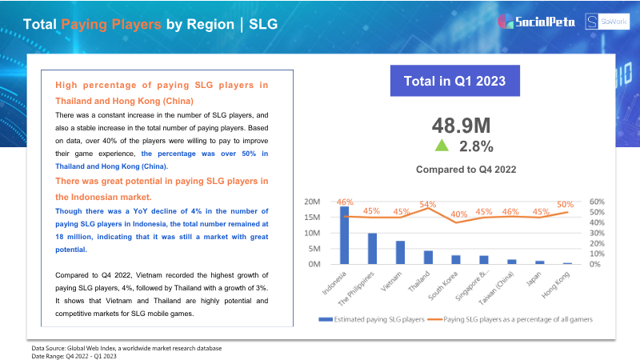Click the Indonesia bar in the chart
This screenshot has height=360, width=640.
(x=345, y=235)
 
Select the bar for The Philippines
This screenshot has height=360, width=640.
(x=372, y=249)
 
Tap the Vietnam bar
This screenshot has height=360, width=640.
(x=401, y=252)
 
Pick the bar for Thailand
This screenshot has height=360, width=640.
(x=428, y=257)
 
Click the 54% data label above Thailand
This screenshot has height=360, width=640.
(x=428, y=204)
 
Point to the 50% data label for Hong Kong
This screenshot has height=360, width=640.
(x=566, y=205)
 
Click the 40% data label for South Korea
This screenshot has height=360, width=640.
(x=458, y=214)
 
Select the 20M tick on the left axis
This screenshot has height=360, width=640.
(x=312, y=202)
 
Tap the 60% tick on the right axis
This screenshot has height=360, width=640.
(x=597, y=202)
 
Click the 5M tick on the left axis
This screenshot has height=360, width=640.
(x=314, y=249)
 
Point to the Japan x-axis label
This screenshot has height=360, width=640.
(x=533, y=279)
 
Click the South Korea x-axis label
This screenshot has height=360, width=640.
(x=443, y=286)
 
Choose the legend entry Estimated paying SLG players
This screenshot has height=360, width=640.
(x=372, y=319)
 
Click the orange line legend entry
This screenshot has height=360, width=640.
(x=510, y=319)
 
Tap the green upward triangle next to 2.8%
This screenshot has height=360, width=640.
(x=442, y=146)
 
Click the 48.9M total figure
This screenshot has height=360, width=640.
(x=462, y=126)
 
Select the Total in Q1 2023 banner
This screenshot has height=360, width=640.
(x=454, y=81)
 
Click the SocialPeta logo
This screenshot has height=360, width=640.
(x=536, y=22)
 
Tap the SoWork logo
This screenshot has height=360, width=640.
(x=607, y=22)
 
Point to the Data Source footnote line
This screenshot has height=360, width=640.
(x=126, y=348)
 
